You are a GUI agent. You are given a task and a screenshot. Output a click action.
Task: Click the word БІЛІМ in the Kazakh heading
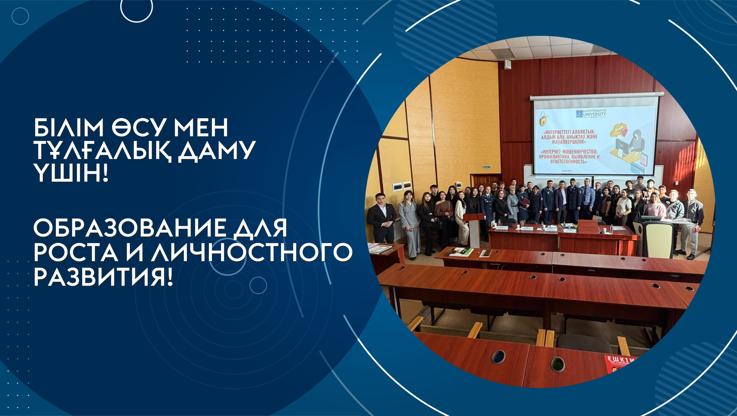(68, 128)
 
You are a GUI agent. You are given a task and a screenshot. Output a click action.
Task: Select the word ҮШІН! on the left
(71, 174)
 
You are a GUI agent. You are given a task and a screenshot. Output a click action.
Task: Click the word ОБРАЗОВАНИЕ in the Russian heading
(130, 228)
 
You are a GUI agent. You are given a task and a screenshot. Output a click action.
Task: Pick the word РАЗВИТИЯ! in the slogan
(103, 277)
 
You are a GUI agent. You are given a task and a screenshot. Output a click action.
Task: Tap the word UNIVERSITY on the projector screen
(595, 114)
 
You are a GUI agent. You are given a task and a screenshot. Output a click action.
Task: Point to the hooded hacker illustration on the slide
(637, 140)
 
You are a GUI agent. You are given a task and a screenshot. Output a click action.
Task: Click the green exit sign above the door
(487, 167)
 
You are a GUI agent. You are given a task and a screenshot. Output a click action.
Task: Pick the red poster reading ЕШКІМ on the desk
(621, 364)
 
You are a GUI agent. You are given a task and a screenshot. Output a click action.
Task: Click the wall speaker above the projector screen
(507, 64)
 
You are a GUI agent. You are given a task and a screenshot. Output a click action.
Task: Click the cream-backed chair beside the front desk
(657, 239)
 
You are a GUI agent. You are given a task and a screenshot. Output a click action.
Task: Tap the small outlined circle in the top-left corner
(20, 16)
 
